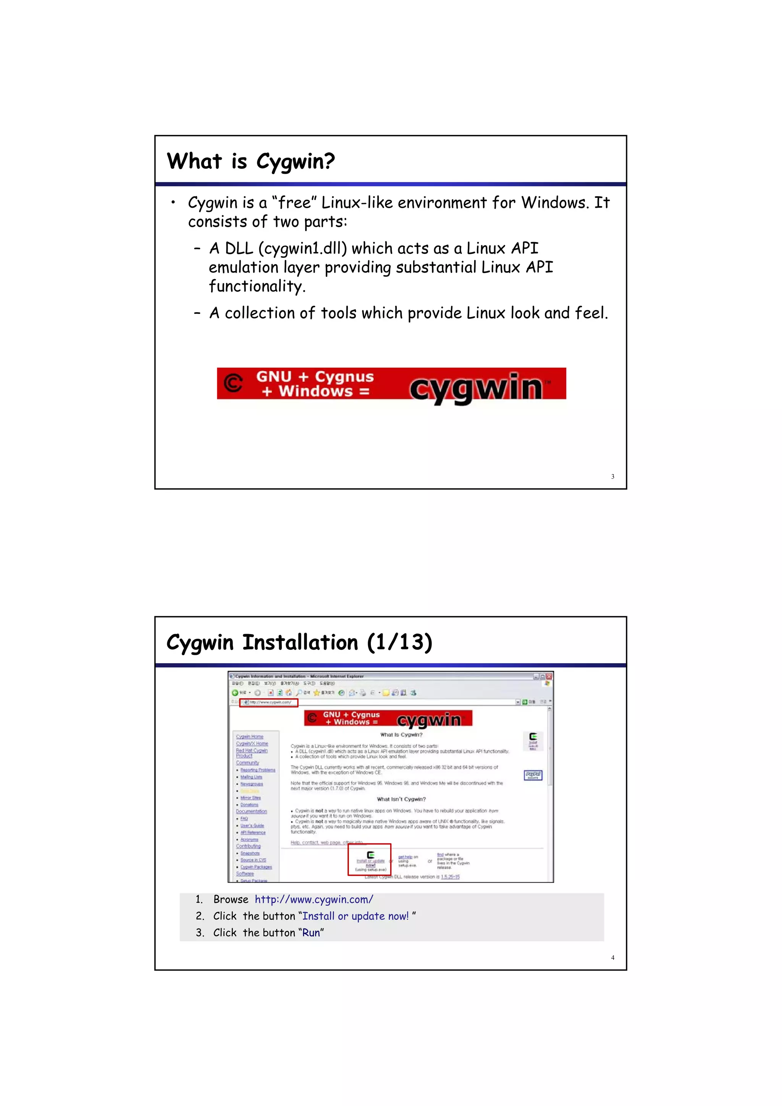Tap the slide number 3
[x=612, y=476]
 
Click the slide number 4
[x=612, y=957]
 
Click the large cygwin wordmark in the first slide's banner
[x=476, y=388]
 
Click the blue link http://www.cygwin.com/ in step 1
[x=313, y=899]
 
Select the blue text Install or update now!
[x=355, y=916]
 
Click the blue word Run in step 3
[x=311, y=933]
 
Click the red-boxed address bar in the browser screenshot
[x=269, y=702]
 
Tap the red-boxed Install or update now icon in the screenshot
[x=370, y=859]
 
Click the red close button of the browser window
[x=549, y=677]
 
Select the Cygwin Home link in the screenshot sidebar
[x=250, y=736]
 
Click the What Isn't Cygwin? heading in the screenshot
[x=401, y=799]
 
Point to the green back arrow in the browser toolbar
[x=235, y=693]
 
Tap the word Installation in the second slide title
[x=300, y=643]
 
